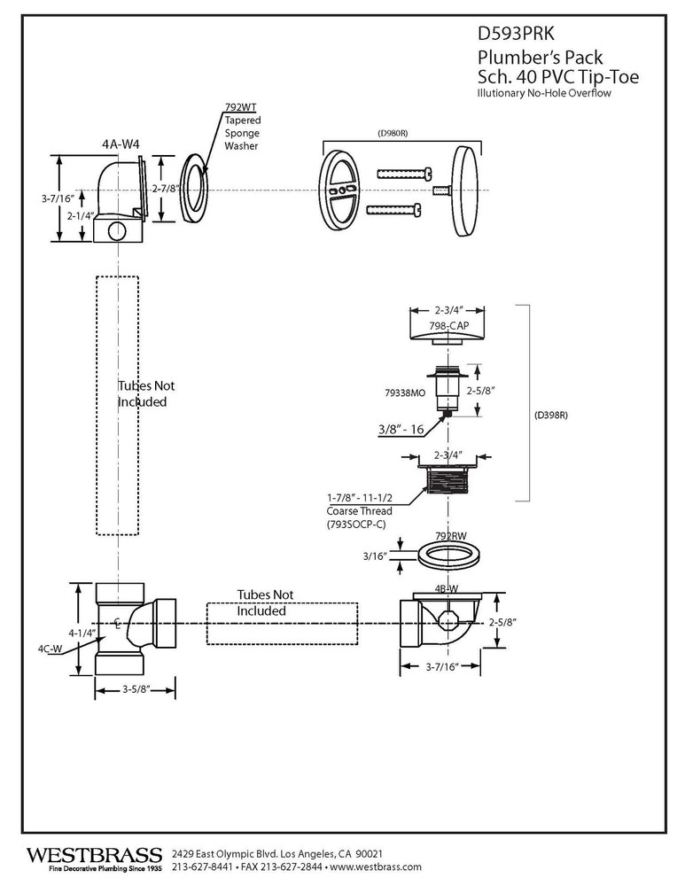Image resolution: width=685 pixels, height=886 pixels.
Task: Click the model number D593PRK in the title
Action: (x=517, y=35)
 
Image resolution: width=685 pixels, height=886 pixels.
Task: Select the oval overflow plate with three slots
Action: (x=339, y=190)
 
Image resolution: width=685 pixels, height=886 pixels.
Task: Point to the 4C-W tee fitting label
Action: (x=50, y=649)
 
